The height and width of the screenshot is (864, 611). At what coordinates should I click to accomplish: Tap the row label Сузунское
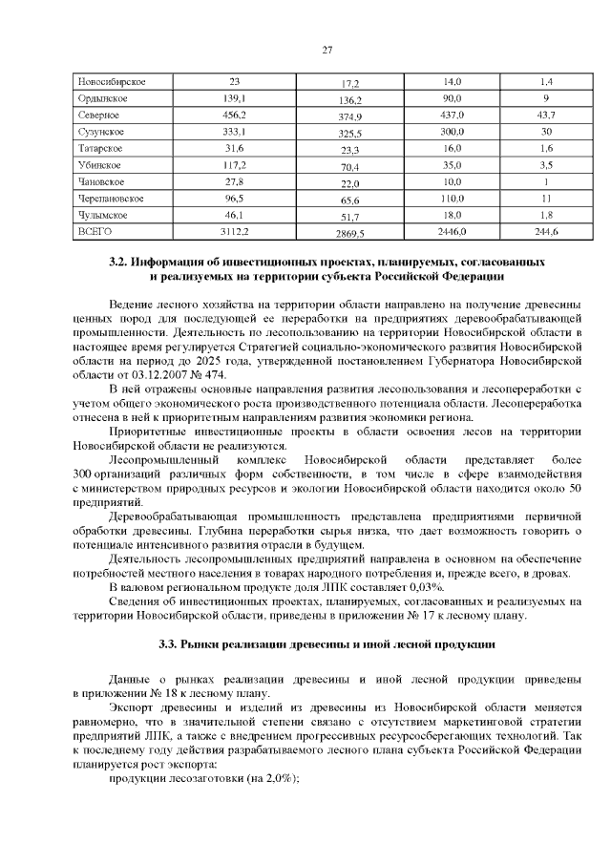[x=98, y=131]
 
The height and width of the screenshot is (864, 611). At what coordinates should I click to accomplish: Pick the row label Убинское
[x=97, y=164]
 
